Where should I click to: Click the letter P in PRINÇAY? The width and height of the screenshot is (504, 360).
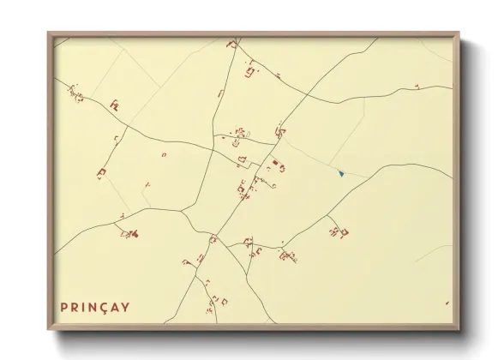64,306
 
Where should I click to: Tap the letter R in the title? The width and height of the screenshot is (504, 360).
77,306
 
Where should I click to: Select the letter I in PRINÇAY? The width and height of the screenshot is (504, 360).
88,306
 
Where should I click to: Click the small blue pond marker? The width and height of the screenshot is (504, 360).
341,174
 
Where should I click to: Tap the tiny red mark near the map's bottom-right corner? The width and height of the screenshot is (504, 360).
446,303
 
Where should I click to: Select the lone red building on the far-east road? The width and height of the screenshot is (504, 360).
417,87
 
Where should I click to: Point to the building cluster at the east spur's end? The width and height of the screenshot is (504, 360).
339,231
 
